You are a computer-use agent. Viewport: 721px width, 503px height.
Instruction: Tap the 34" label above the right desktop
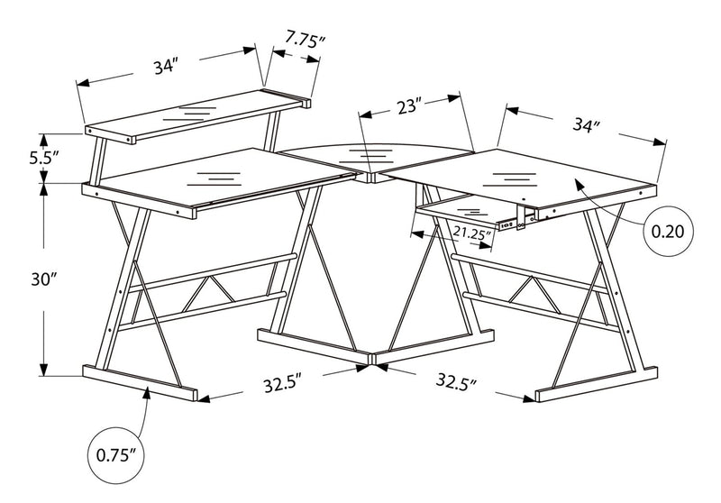[585, 125]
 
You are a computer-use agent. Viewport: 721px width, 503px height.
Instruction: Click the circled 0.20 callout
[667, 231]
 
